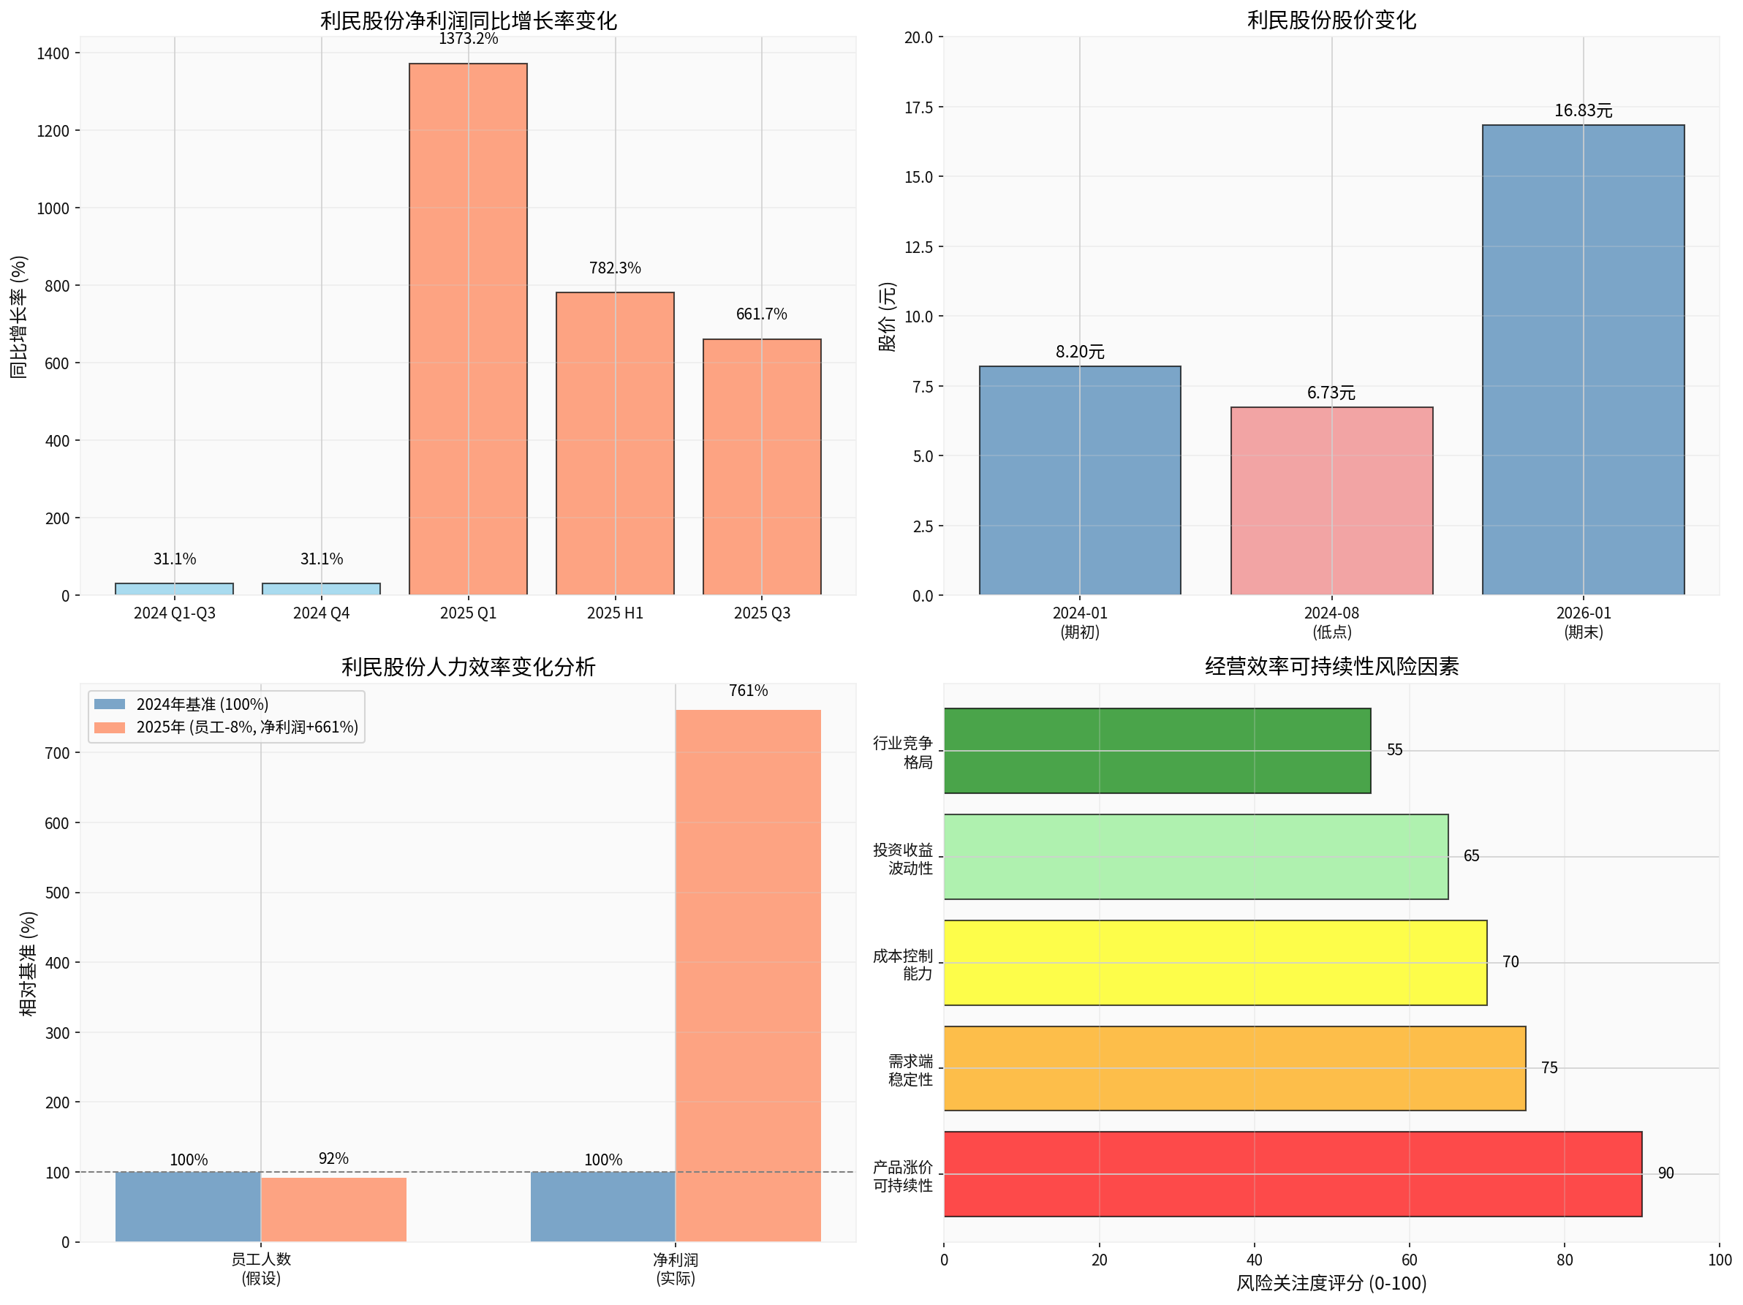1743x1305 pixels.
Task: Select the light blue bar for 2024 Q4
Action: (321, 589)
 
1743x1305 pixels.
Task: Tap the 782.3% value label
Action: (615, 268)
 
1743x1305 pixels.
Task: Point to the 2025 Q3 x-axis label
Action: (761, 613)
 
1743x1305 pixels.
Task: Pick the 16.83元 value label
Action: (1582, 111)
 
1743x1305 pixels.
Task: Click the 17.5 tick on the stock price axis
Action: (918, 108)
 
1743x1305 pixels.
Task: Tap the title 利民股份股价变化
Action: (1331, 20)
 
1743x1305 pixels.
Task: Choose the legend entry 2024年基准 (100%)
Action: (202, 705)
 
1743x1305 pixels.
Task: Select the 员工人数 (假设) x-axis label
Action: (261, 1268)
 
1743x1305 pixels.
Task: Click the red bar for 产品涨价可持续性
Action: (1293, 1174)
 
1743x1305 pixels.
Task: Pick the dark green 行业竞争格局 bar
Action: (1157, 751)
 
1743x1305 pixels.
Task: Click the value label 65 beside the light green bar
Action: (1470, 856)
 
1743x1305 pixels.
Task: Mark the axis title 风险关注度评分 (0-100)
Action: (1331, 1283)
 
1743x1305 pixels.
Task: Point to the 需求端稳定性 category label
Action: (910, 1070)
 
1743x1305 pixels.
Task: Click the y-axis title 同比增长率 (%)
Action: (19, 317)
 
